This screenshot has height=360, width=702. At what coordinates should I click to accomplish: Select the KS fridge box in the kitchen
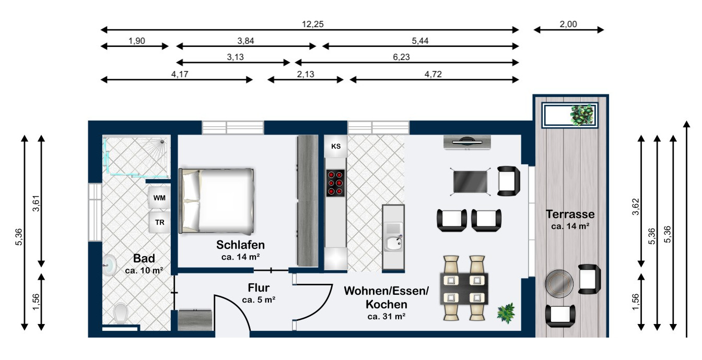335,147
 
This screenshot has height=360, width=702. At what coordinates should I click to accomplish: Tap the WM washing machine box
158,198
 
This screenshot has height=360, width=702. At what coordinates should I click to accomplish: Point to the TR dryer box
159,222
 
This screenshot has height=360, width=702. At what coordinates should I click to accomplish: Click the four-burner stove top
336,183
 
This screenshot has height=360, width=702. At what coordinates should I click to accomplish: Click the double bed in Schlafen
217,200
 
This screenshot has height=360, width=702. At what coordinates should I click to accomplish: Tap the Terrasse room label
570,214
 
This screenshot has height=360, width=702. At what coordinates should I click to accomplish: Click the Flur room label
259,287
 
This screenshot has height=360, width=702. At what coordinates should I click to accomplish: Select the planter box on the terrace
570,115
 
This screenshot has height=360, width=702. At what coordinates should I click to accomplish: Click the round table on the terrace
559,284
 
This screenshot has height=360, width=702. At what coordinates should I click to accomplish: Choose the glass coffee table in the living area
471,181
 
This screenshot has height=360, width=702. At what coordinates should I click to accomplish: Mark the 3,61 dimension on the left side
36,201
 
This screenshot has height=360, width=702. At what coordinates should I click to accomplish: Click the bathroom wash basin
108,266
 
